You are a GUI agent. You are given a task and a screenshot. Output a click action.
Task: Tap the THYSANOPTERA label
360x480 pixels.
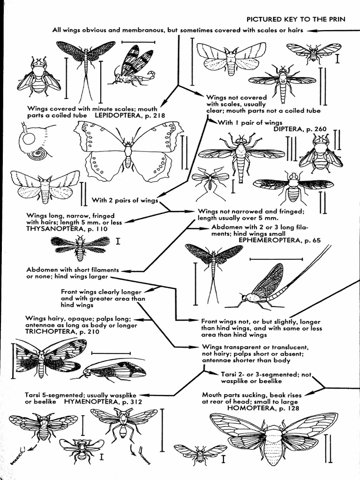coord(51,229)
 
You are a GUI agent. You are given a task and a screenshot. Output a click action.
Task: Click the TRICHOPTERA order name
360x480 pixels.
coord(48,331)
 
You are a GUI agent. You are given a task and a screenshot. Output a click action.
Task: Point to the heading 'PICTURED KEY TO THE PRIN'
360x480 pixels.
coord(296,19)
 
